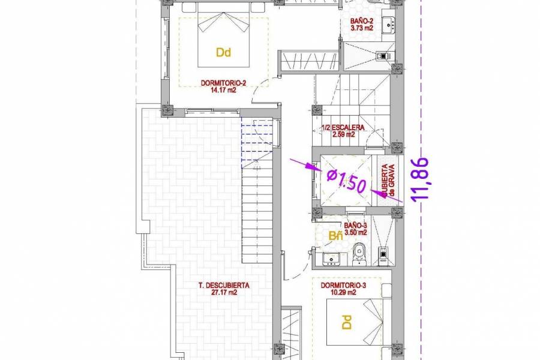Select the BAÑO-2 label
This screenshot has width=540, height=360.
click(x=362, y=20)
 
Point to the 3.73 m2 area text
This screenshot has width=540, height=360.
click(x=362, y=28)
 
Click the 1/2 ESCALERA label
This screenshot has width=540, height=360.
click(x=344, y=128)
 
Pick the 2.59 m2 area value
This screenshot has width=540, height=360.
click(x=344, y=135)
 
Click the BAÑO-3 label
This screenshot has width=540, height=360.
click(x=344, y=224)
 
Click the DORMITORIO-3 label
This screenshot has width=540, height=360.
click(x=343, y=286)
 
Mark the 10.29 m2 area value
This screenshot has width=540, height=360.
click(x=343, y=293)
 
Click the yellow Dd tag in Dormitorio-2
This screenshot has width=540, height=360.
click(x=223, y=53)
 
